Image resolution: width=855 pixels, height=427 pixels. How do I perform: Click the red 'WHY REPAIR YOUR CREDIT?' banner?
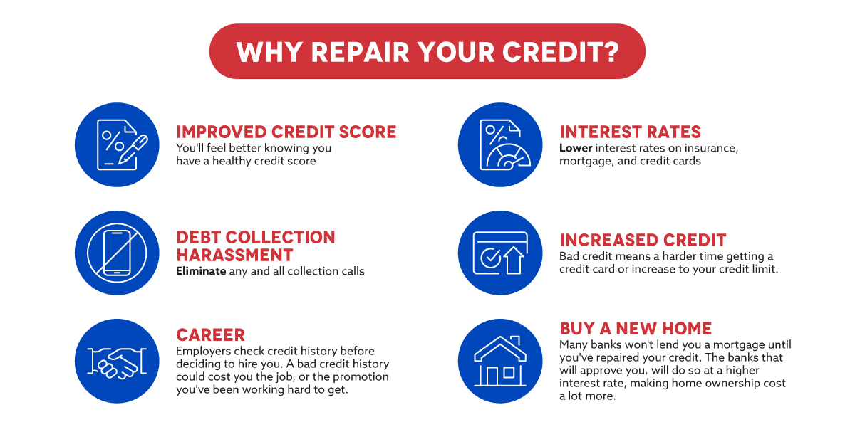point(427,51)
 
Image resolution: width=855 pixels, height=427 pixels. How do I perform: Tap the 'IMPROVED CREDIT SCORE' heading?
point(286,132)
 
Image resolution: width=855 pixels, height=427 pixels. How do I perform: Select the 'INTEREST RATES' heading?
point(630,132)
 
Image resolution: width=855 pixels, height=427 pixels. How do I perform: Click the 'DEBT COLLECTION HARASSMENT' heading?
point(256,246)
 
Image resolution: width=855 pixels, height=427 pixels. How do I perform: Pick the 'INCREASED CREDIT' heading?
point(643,241)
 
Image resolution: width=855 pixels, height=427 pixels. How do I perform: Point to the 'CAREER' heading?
point(210,335)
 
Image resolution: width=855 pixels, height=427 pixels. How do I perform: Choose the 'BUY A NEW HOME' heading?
point(636,328)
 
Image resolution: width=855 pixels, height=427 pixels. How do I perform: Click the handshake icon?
point(117,363)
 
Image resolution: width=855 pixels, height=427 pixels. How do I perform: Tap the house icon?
point(500,361)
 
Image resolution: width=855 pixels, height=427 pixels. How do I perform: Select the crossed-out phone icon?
point(117,253)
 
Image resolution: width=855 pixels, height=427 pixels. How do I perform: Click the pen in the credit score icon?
point(133,149)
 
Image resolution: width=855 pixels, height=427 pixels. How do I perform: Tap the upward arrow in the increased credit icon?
point(514,260)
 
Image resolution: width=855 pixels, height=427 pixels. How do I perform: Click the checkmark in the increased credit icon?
point(491,257)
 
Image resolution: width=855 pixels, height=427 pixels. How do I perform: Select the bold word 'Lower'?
point(576,148)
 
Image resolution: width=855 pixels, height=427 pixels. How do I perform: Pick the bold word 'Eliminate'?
point(201,271)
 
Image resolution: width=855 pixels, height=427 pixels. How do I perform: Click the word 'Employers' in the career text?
point(204,351)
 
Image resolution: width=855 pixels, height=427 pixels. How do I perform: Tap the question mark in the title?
point(611,52)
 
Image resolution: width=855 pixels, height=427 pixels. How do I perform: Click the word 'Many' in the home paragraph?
point(574,345)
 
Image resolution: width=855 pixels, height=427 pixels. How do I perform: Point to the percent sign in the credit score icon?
point(113,140)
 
